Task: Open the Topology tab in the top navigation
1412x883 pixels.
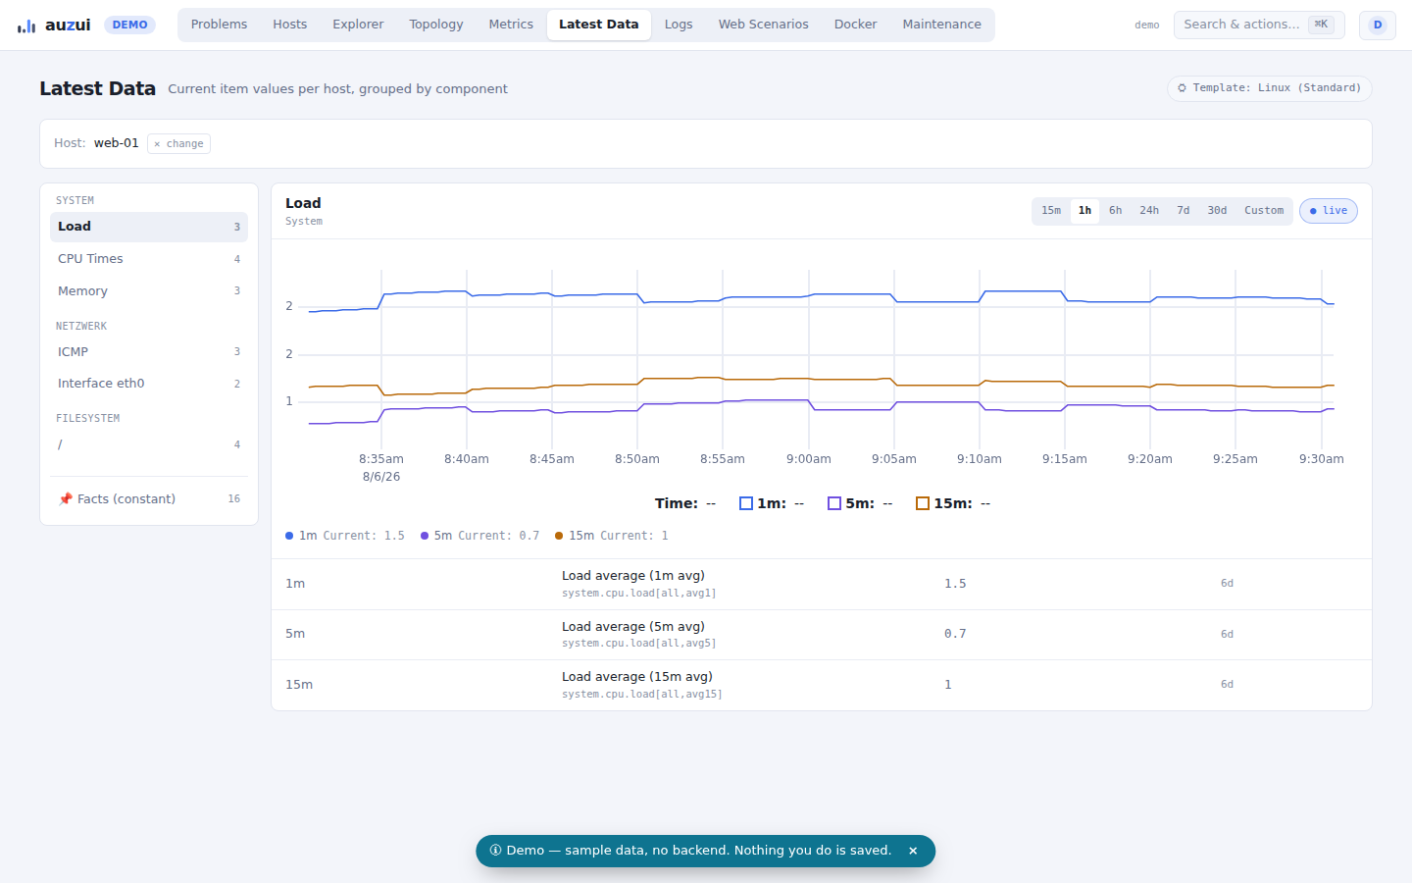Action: (435, 25)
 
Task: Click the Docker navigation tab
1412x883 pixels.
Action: (855, 25)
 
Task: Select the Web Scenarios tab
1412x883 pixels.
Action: (763, 25)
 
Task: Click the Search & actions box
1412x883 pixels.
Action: (1258, 25)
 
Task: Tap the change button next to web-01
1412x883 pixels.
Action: (179, 144)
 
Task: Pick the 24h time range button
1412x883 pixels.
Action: (1148, 211)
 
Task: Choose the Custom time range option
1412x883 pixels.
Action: (1263, 211)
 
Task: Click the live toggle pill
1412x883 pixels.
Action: (1328, 211)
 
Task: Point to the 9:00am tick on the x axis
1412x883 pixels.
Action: (808, 459)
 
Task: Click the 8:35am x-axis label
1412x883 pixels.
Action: (380, 459)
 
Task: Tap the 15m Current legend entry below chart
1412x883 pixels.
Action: (612, 536)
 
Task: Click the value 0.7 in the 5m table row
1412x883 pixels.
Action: (954, 634)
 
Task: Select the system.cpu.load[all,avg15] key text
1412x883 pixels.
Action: (641, 694)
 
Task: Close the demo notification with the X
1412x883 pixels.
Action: (912, 851)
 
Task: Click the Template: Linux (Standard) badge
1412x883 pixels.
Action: (1270, 88)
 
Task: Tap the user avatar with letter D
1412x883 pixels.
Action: (1378, 26)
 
